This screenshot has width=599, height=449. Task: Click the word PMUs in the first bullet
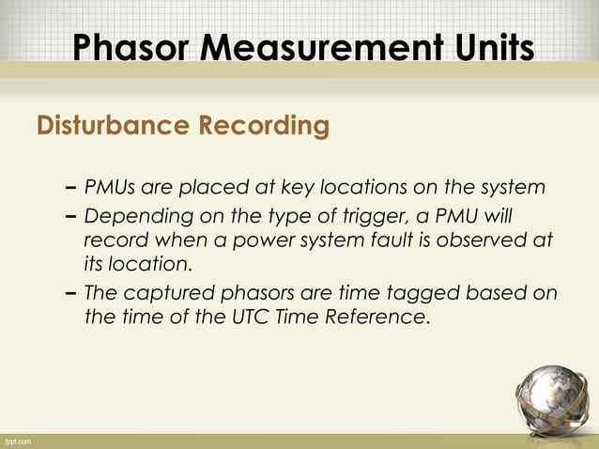pyautogui.click(x=109, y=188)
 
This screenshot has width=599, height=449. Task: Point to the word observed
pyautogui.click(x=474, y=240)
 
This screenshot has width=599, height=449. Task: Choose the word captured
pyautogui.click(x=165, y=292)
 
